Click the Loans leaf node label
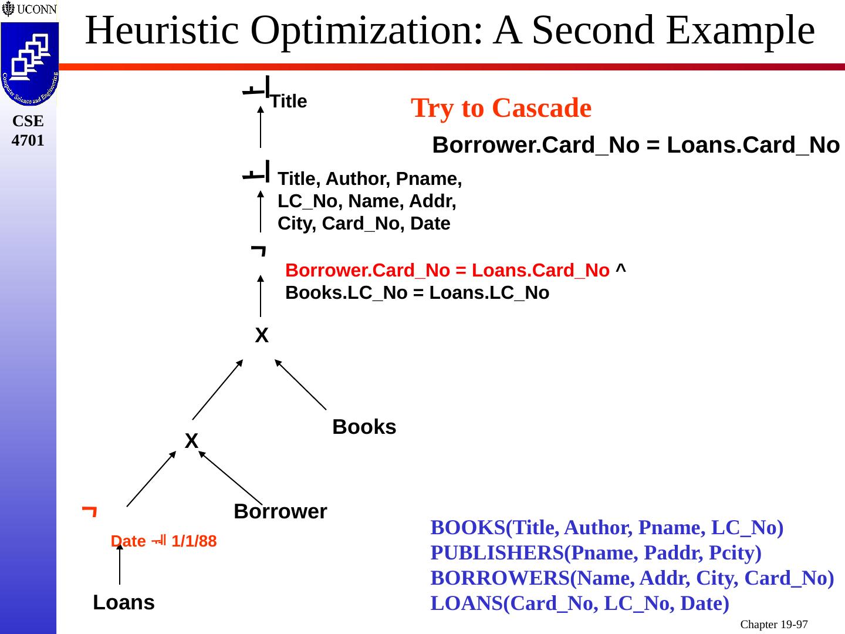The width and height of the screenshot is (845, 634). coord(124,602)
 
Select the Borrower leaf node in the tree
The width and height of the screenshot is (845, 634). coord(280,511)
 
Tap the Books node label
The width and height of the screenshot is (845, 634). coord(364,427)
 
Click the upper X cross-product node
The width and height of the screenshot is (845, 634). coord(262,336)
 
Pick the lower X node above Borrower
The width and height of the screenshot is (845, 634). coord(191,441)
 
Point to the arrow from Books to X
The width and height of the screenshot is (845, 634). coord(300,385)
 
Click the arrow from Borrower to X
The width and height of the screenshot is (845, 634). coord(231,477)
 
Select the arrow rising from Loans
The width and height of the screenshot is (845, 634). coord(120,564)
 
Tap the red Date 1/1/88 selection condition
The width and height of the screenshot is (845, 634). coord(164,541)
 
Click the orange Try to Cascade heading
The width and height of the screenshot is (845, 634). coord(501,108)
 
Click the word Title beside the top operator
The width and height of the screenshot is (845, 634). coord(289,102)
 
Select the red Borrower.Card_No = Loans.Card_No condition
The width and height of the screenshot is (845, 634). coord(447,271)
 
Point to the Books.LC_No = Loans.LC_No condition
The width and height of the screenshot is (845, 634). coord(417,293)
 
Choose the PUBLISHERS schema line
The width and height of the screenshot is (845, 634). coord(596,553)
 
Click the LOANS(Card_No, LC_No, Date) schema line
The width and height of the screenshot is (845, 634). coord(580,603)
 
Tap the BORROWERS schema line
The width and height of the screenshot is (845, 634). coord(632,578)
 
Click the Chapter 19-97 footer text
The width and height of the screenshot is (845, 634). coord(773,625)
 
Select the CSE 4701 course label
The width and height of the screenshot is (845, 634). coord(28,130)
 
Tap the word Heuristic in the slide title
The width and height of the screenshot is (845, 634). coord(162,31)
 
